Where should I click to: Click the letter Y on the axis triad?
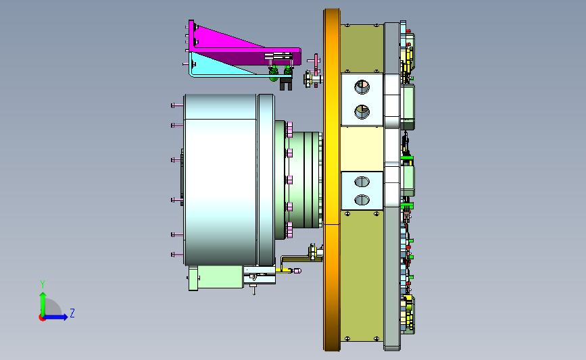point(43,284)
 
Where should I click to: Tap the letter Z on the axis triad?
point(72,313)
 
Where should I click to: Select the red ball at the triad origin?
point(42,318)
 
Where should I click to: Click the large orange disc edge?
point(332,180)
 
